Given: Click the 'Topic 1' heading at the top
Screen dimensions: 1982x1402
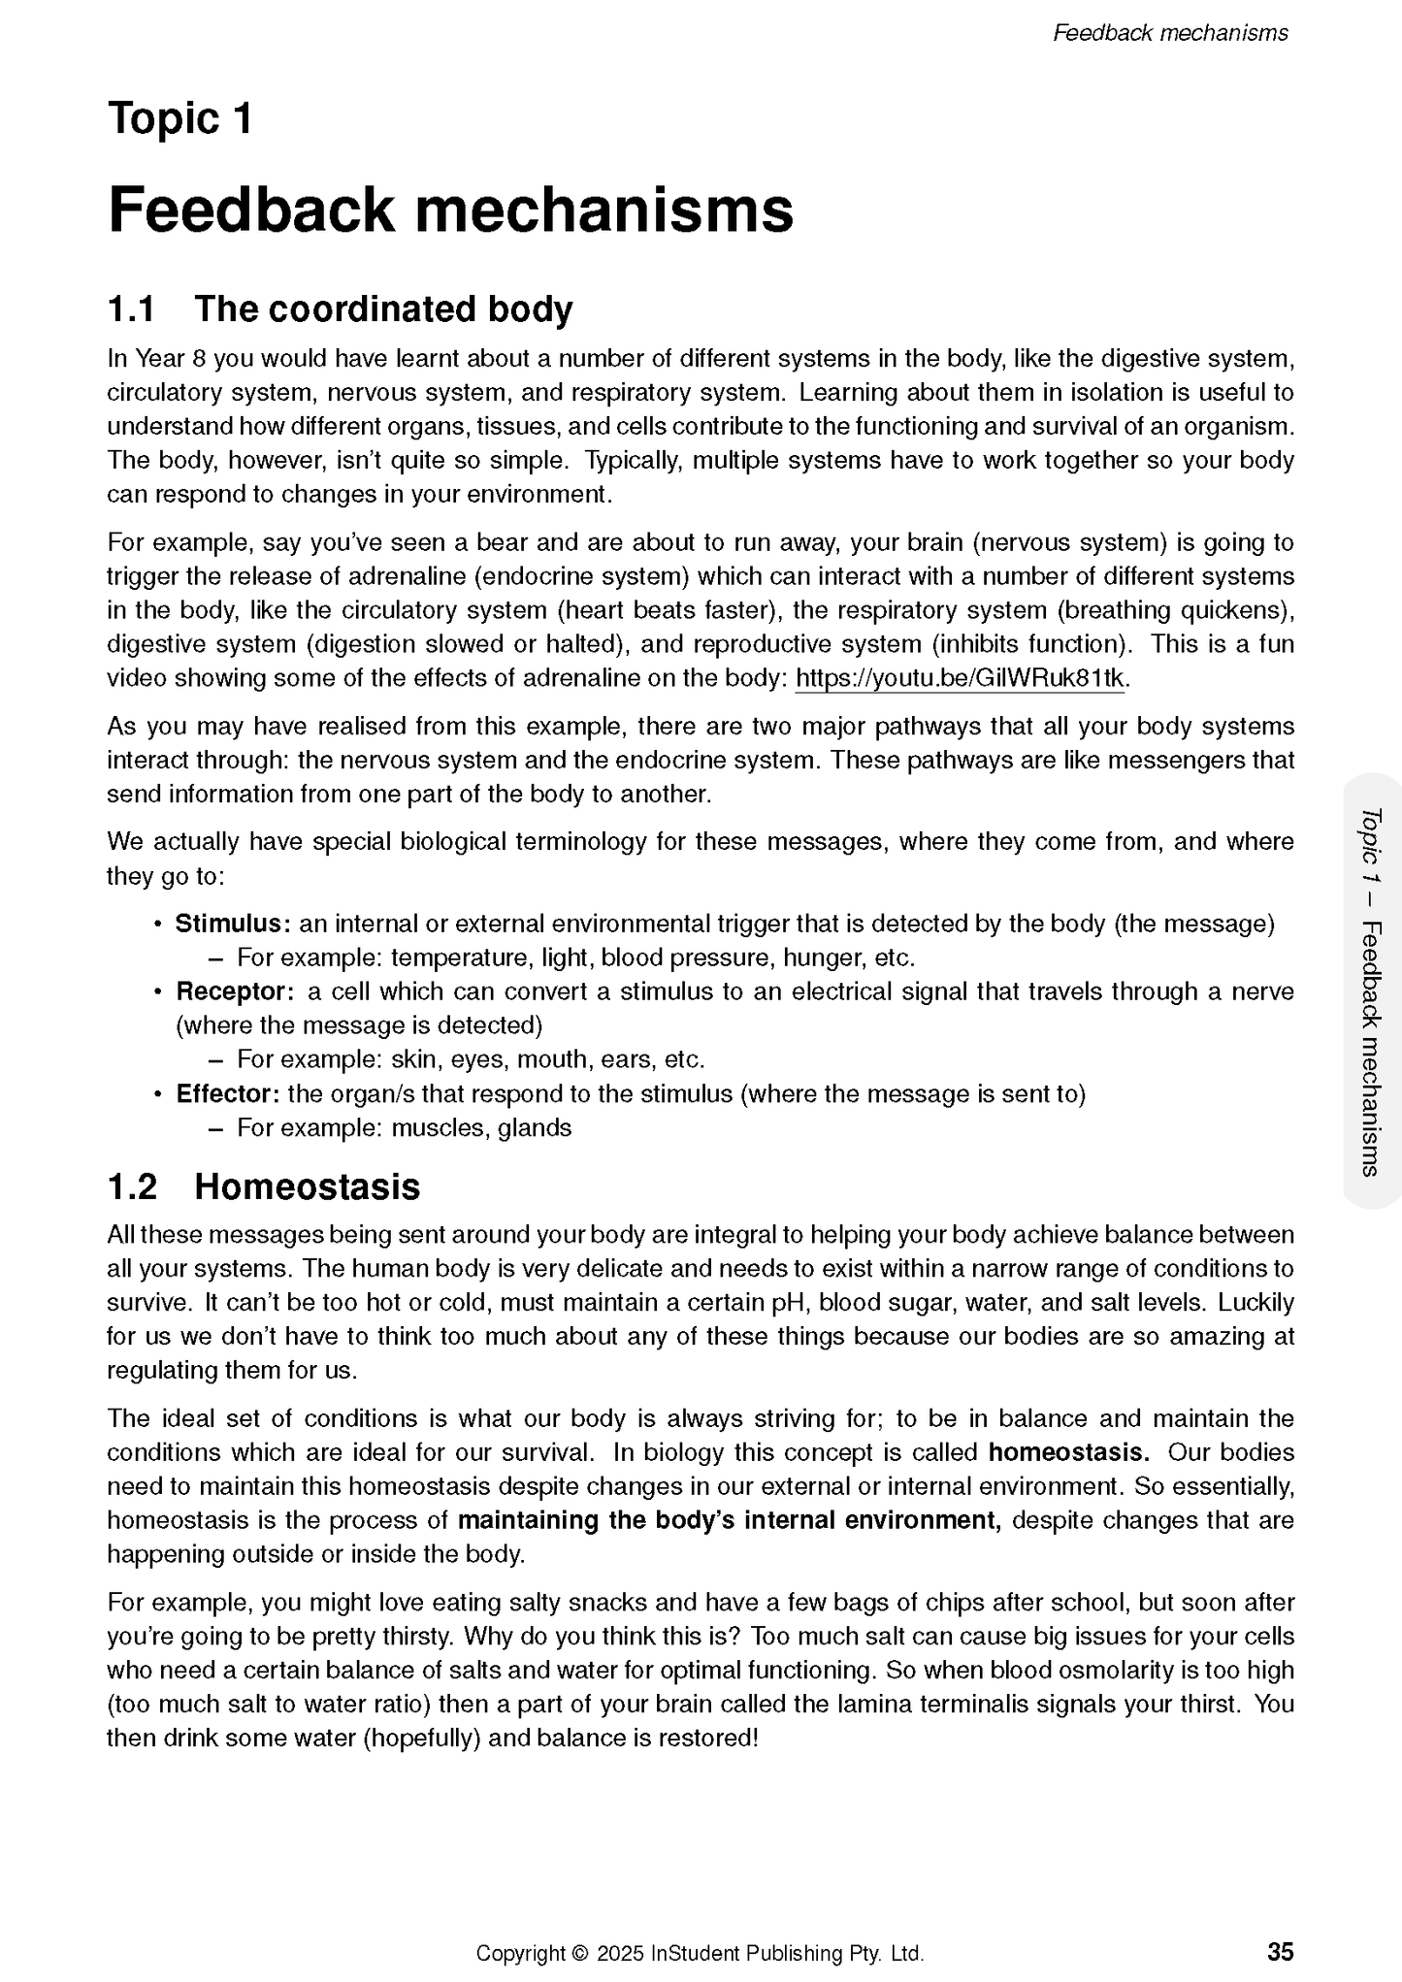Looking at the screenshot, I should coord(180,119).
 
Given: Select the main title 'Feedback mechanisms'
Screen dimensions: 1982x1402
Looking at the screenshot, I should coord(450,210).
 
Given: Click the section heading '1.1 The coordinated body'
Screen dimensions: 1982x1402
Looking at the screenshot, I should coord(340,309).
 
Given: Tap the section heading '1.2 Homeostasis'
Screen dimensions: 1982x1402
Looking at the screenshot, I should coord(263,1186).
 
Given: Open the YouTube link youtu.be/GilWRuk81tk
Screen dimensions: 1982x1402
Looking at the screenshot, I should coord(960,678).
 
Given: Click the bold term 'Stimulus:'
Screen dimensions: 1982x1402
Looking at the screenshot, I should coord(233,924).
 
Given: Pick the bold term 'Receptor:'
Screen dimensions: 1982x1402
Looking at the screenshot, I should coord(234,991).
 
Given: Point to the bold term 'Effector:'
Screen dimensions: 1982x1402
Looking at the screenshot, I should coord(228,1094).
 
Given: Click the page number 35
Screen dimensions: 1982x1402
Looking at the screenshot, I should coord(1280,1951).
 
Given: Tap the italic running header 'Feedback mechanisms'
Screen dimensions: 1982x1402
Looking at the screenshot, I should coord(1170,33).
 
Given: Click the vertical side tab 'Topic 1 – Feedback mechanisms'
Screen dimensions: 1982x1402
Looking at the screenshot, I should coord(1371,990).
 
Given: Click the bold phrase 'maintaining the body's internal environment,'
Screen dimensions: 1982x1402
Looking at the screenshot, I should coord(729,1520).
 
